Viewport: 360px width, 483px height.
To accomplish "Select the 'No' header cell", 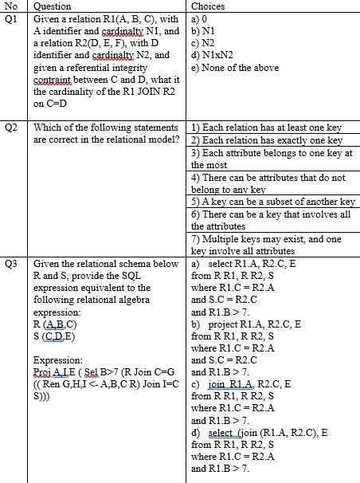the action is (x=11, y=6).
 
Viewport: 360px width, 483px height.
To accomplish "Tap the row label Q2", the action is (x=11, y=128).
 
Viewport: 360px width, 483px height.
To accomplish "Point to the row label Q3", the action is (x=11, y=263).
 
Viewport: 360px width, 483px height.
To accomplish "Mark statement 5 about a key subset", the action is (x=272, y=202).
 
